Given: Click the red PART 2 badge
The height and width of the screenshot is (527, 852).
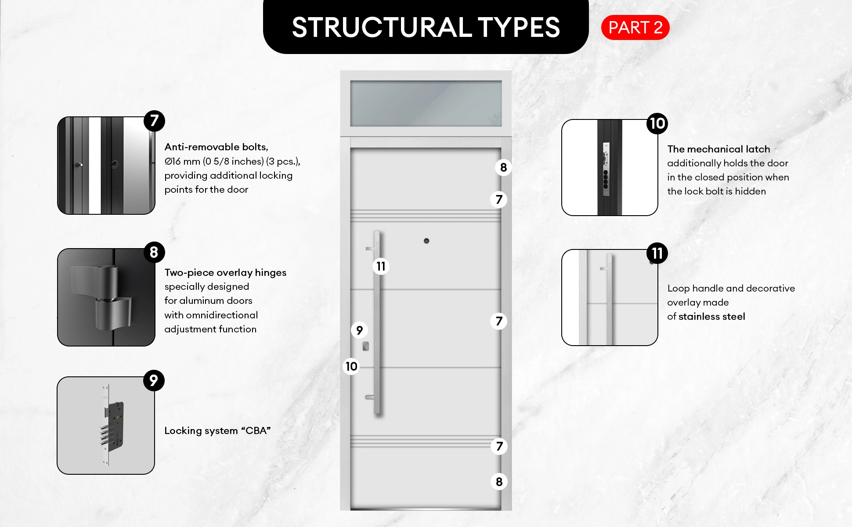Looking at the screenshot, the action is (635, 28).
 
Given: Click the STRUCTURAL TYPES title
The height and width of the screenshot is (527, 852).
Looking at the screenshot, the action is (426, 27).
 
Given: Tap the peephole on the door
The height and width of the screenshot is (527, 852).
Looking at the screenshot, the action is (426, 241).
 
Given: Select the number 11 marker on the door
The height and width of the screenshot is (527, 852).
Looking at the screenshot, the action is (381, 266).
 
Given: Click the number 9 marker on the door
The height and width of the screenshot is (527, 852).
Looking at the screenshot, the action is (359, 330).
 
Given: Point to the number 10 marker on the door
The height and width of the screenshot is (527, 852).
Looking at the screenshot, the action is (351, 366).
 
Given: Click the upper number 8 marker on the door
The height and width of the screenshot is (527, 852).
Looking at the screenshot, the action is (503, 167).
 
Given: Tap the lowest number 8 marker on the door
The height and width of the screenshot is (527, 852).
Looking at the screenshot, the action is (499, 482).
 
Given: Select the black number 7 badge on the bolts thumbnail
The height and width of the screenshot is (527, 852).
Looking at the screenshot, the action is (154, 121).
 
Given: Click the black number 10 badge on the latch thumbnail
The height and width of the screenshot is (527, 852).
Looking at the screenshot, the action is (657, 123).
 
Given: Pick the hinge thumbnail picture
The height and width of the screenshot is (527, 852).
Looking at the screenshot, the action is (106, 297).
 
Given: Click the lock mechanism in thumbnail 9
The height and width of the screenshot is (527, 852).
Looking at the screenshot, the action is (112, 424).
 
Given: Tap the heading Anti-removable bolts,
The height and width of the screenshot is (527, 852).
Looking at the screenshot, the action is (216, 147).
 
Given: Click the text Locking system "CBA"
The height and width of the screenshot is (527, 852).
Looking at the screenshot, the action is (217, 430).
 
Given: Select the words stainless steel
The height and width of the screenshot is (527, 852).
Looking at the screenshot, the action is (711, 316).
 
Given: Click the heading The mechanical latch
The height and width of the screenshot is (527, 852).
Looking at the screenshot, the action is (718, 149).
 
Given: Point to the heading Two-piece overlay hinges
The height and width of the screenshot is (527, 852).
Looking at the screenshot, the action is (225, 272).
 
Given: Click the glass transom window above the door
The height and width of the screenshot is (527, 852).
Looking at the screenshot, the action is (426, 103).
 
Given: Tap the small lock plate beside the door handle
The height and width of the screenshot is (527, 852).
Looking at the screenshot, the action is (365, 347).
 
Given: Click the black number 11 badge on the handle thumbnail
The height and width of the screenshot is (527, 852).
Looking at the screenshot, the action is (657, 253).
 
